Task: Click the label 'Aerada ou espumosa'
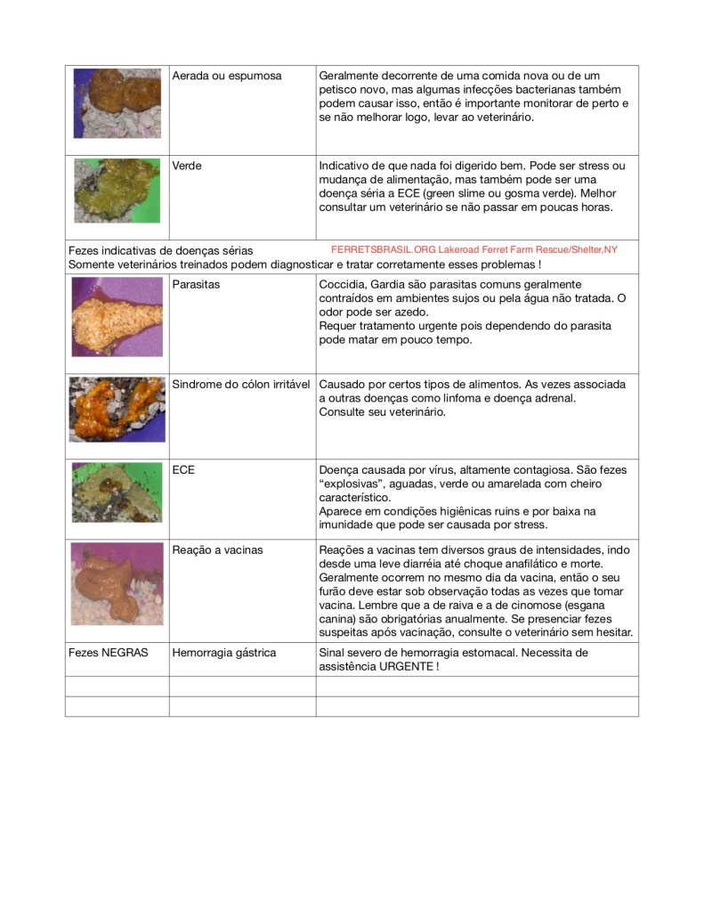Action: (x=226, y=77)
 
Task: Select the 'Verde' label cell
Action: (x=187, y=166)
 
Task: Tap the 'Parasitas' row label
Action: (x=197, y=284)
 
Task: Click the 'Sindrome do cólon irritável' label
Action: (x=240, y=385)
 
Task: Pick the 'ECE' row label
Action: (x=183, y=469)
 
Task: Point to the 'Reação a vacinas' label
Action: (x=217, y=550)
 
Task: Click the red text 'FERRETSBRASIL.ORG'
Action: (x=383, y=250)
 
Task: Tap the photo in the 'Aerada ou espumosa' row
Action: (x=117, y=102)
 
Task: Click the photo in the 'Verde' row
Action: (x=117, y=191)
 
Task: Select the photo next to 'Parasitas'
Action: (x=117, y=316)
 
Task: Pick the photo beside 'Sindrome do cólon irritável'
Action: (x=117, y=410)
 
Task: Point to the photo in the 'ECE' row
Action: (x=117, y=492)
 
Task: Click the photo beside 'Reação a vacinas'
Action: (x=117, y=582)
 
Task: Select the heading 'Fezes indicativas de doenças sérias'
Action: (x=161, y=251)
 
